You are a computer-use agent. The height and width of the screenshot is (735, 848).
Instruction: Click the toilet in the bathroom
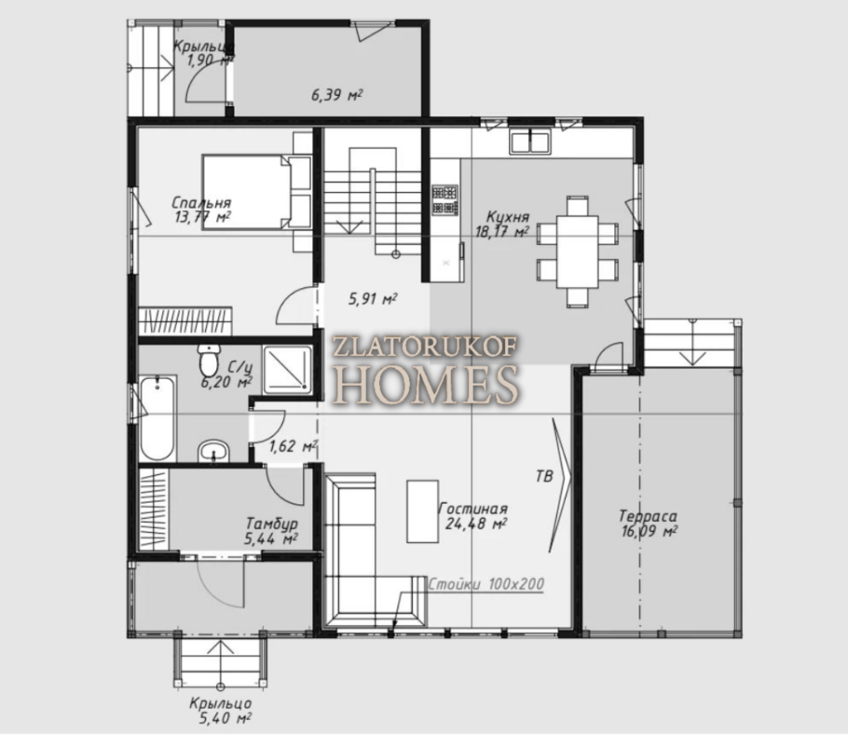pyautogui.click(x=209, y=361)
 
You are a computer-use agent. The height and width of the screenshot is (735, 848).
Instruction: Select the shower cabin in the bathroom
pyautogui.click(x=287, y=370)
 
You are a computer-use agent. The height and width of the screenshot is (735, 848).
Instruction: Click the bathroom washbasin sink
pyautogui.click(x=213, y=451)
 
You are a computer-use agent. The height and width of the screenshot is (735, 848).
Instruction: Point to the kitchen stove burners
pyautogui.click(x=445, y=200)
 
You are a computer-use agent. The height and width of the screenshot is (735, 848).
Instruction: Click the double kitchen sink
pyautogui.click(x=530, y=142)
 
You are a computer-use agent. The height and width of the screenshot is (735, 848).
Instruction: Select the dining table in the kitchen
pyautogui.click(x=578, y=252)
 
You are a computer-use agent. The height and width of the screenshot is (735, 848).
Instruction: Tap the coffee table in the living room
pyautogui.click(x=422, y=510)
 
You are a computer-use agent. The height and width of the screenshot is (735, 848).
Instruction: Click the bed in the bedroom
pyautogui.click(x=257, y=192)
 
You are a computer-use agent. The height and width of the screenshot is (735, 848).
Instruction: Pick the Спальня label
pyautogui.click(x=201, y=203)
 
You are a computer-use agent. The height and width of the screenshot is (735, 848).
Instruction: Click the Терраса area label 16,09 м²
pyautogui.click(x=649, y=531)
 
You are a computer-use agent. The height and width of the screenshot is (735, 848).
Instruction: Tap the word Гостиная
pyautogui.click(x=473, y=509)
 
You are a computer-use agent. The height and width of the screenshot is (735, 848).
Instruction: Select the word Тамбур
pyautogui.click(x=271, y=524)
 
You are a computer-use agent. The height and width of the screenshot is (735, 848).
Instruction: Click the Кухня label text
pyautogui.click(x=508, y=217)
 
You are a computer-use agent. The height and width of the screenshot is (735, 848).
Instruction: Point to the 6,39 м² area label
pyautogui.click(x=336, y=96)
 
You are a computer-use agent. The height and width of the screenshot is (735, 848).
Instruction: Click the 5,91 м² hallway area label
pyautogui.click(x=373, y=299)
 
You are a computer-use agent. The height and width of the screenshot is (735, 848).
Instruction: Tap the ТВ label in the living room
pyautogui.click(x=544, y=476)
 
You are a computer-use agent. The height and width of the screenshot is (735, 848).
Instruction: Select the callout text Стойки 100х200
pyautogui.click(x=486, y=584)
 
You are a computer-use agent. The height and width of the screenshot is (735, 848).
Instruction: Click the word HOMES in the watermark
pyautogui.click(x=427, y=384)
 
